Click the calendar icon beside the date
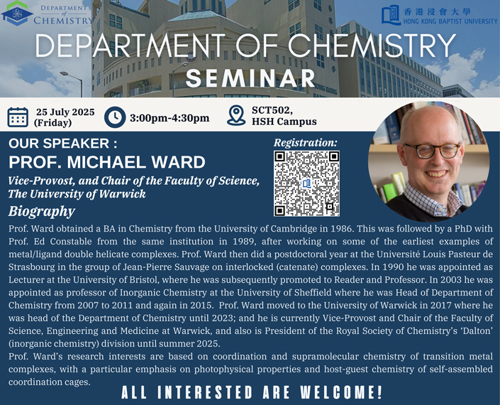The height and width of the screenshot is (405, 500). click(18, 117)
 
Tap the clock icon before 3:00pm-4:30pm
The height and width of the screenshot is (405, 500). click(115, 117)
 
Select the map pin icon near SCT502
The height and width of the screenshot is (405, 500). click(236, 116)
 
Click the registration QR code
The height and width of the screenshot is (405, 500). click(306, 183)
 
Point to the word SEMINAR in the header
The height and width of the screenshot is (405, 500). click(250, 78)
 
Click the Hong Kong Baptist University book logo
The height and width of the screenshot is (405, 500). click(391, 15)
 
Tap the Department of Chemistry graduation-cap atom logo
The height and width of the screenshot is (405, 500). click(16, 13)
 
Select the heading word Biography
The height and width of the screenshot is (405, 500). click(42, 212)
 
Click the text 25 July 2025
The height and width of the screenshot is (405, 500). click(65, 112)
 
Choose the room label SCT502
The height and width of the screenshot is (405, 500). click(272, 110)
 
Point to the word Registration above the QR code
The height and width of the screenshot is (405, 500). click(305, 143)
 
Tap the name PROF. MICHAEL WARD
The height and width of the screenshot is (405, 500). click(107, 162)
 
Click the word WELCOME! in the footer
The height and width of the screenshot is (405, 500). click(341, 392)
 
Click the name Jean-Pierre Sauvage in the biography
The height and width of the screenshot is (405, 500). click(166, 266)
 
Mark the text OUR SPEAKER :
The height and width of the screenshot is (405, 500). click(63, 144)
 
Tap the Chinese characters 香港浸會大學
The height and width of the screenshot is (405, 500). click(437, 12)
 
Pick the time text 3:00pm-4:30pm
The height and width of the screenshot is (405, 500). click(170, 118)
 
